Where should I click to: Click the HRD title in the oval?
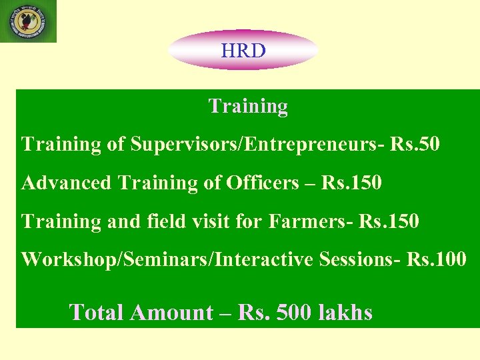coord(243,50)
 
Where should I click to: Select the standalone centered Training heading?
coord(248,106)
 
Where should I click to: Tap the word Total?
coord(97,312)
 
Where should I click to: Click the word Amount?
coord(171,312)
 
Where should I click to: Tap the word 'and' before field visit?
coord(123,221)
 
